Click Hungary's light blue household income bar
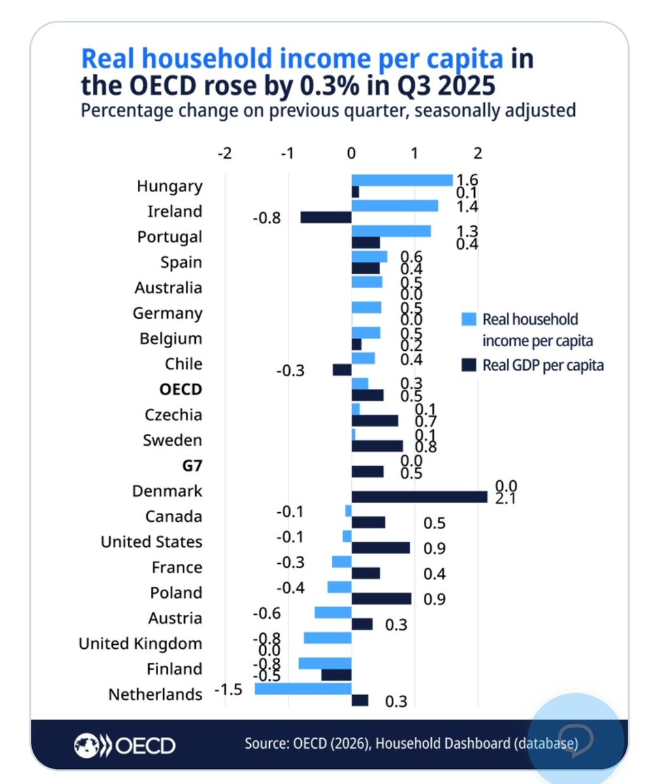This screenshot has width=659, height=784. coord(402,180)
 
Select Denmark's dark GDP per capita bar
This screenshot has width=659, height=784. coord(419,497)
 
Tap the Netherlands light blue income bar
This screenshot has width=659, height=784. coord(303,689)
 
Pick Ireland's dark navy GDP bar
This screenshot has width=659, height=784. coord(326,217)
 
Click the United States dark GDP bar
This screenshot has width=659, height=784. coord(381,547)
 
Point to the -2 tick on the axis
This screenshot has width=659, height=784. coord(225,153)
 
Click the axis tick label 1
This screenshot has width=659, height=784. coord(415,153)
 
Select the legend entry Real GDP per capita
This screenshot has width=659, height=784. coord(543,365)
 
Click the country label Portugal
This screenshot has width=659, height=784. coord(170,237)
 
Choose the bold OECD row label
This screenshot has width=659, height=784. coord(181,389)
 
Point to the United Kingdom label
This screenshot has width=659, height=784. coord(140,644)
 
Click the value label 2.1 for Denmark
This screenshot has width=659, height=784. coord(506,497)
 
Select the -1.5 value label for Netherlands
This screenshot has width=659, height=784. coord(228,689)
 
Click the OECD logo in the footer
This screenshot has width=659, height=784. coord(125,744)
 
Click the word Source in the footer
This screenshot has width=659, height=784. coord(266,743)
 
